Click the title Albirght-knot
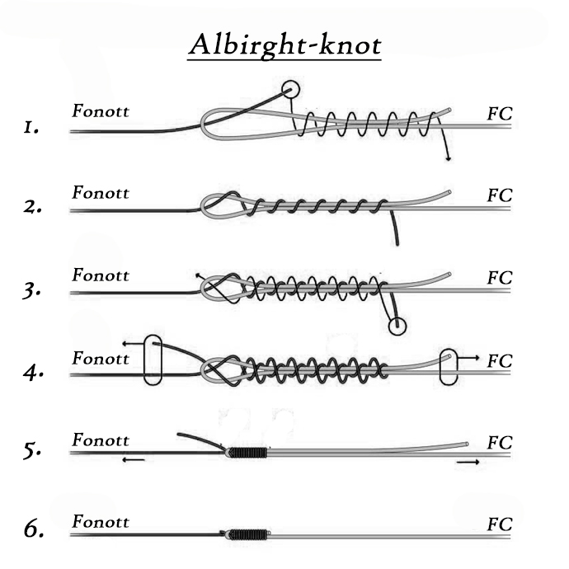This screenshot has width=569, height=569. [285, 46]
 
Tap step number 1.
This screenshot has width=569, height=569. [31, 128]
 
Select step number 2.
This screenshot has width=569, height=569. [32, 207]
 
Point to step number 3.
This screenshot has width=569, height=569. [31, 290]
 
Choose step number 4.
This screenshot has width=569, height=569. [33, 373]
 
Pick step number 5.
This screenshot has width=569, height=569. [32, 451]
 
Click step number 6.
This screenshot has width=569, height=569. [34, 529]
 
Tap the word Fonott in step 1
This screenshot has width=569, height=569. [101, 111]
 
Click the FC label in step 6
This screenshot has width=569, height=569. [500, 524]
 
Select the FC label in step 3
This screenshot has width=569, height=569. [500, 278]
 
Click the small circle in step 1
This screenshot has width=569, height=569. [290, 89]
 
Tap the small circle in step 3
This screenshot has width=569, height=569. [397, 326]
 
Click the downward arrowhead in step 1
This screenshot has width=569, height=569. [449, 158]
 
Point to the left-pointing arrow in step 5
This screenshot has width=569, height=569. [134, 460]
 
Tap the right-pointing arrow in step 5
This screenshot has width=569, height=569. [468, 462]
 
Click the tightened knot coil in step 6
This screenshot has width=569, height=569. [248, 534]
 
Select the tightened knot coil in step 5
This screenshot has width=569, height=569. [247, 453]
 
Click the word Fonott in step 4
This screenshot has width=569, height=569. [101, 359]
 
